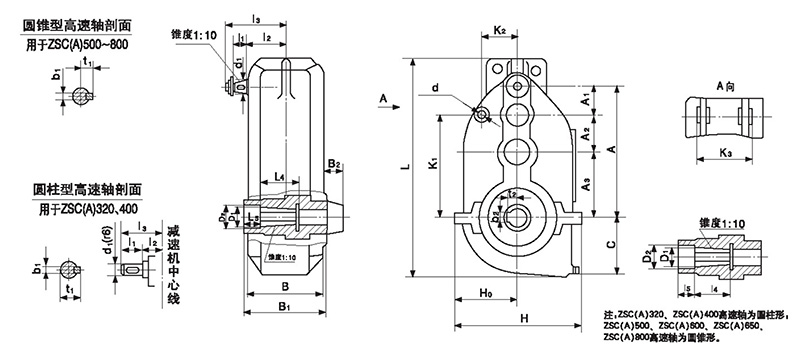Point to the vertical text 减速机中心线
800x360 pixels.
pyautogui.click(x=172, y=263)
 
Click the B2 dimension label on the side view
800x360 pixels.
pyautogui.click(x=336, y=164)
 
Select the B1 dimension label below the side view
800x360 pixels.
pyautogui.click(x=285, y=306)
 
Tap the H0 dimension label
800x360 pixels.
pyautogui.click(x=484, y=295)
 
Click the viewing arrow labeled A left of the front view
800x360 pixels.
pyautogui.click(x=384, y=98)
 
